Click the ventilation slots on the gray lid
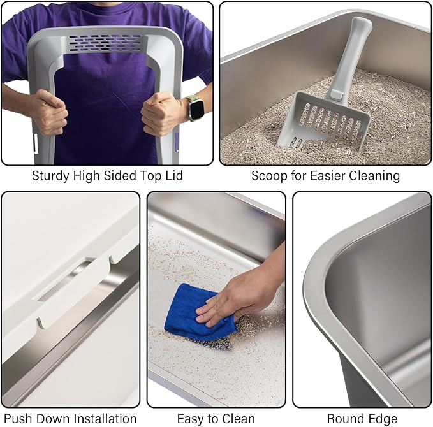pos(106,43)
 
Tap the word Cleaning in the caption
pos(372,176)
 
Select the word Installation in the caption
pos(102,419)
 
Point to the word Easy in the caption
pos(193,419)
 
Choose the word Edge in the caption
pos(383,419)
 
